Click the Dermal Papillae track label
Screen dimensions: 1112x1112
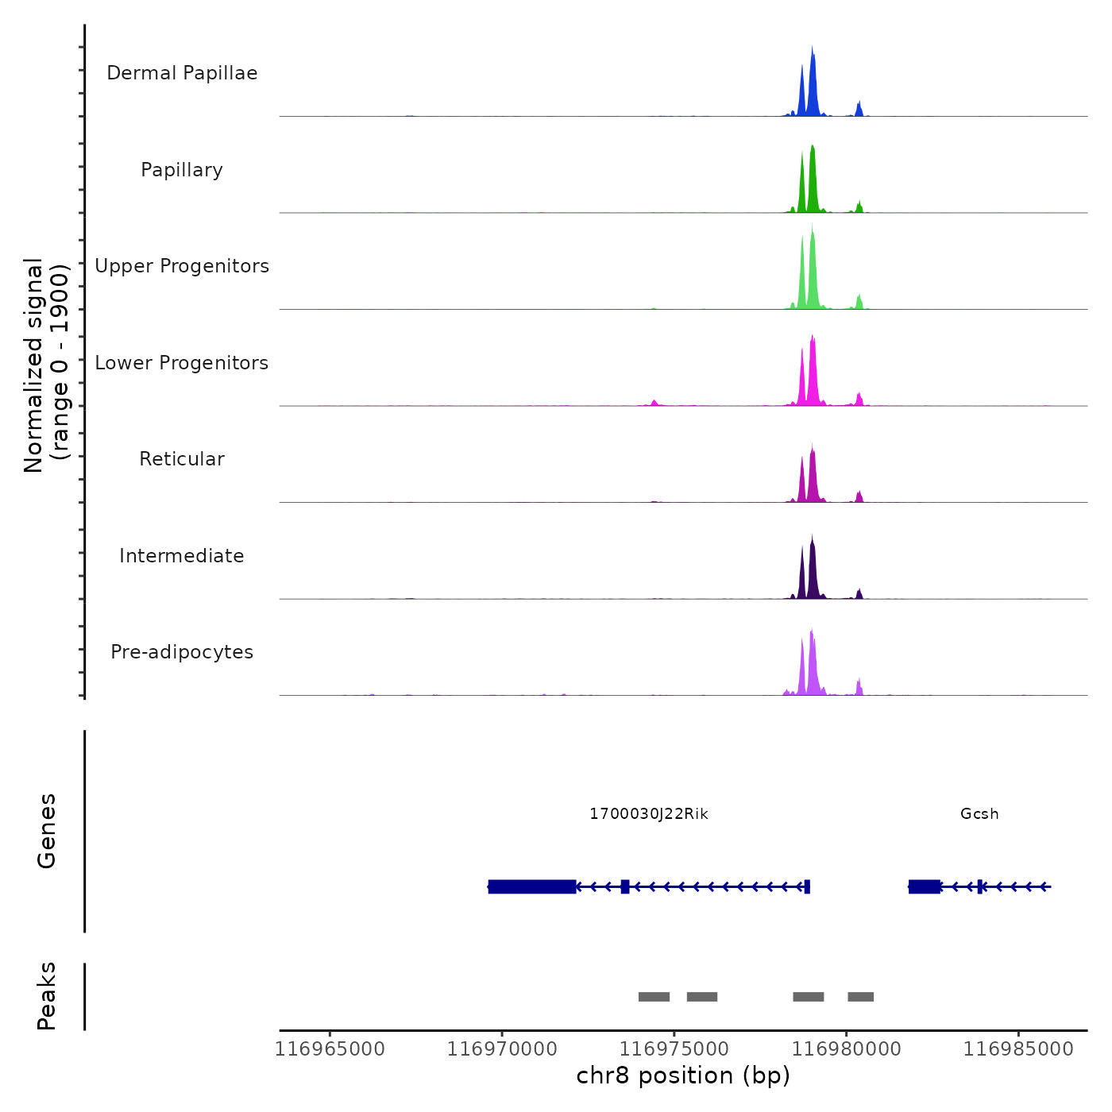click(182, 73)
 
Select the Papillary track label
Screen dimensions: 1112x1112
click(182, 170)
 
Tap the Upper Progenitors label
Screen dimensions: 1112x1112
click(182, 266)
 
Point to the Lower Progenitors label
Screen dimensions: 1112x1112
click(182, 363)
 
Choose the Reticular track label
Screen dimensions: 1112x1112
click(182, 459)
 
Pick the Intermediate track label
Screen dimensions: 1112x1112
click(182, 556)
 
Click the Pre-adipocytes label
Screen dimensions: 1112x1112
click(182, 652)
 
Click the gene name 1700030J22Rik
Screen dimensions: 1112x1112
click(649, 814)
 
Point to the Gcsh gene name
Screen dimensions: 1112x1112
click(979, 814)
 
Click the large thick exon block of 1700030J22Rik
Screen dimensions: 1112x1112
click(532, 886)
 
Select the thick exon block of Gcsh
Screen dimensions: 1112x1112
click(925, 886)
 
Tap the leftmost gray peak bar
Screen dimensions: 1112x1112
click(654, 997)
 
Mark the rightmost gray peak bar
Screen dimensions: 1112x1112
click(860, 997)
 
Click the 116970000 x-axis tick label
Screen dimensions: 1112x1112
click(502, 1049)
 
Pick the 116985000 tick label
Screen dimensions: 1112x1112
click(1018, 1049)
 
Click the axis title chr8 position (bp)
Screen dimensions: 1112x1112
click(683, 1076)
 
